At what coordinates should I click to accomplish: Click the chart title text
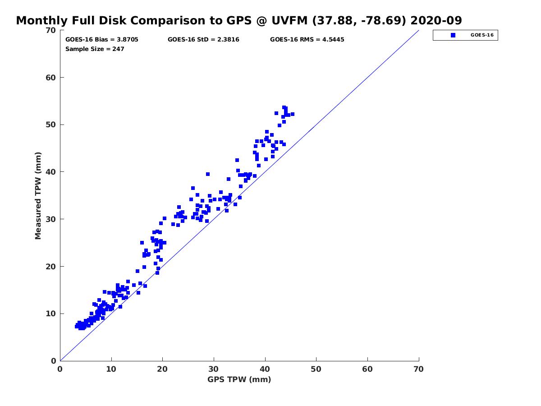click(x=238, y=20)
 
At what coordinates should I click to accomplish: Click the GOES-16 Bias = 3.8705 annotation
click(x=101, y=39)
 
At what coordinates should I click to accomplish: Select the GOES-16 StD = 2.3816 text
click(x=203, y=39)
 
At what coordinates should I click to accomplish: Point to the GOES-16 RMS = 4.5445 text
click(x=307, y=39)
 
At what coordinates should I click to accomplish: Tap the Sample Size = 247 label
click(x=95, y=49)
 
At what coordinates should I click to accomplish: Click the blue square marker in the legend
click(x=453, y=35)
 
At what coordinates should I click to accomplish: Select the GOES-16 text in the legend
click(x=482, y=35)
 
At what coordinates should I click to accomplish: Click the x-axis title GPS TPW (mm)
click(x=239, y=379)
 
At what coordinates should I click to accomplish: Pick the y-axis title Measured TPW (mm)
click(x=38, y=196)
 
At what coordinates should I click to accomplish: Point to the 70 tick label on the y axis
click(x=51, y=30)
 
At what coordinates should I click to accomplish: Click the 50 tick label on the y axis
click(x=51, y=125)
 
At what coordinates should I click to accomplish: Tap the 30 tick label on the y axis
click(x=51, y=219)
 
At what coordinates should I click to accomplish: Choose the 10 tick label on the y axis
click(x=51, y=314)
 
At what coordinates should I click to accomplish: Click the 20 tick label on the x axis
click(x=162, y=369)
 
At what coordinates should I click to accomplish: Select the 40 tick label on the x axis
click(x=265, y=369)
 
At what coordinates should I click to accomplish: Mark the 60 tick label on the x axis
click(x=367, y=369)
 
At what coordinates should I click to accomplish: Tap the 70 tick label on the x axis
click(x=418, y=369)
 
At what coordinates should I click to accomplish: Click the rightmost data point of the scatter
click(x=292, y=114)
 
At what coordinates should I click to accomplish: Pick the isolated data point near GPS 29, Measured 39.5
click(x=207, y=174)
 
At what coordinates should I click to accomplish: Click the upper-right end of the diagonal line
click(x=419, y=30)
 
